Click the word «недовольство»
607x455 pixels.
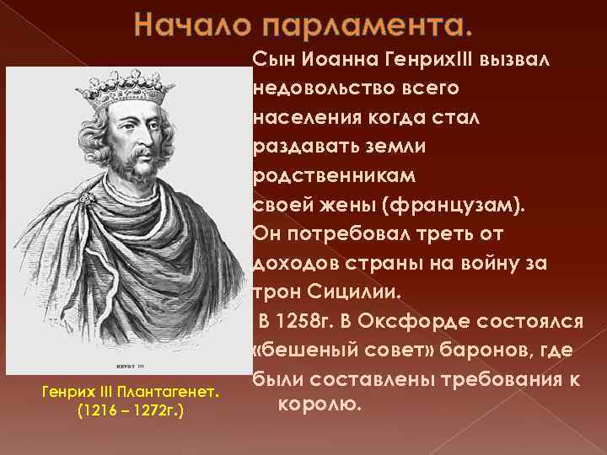click(x=314, y=88)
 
